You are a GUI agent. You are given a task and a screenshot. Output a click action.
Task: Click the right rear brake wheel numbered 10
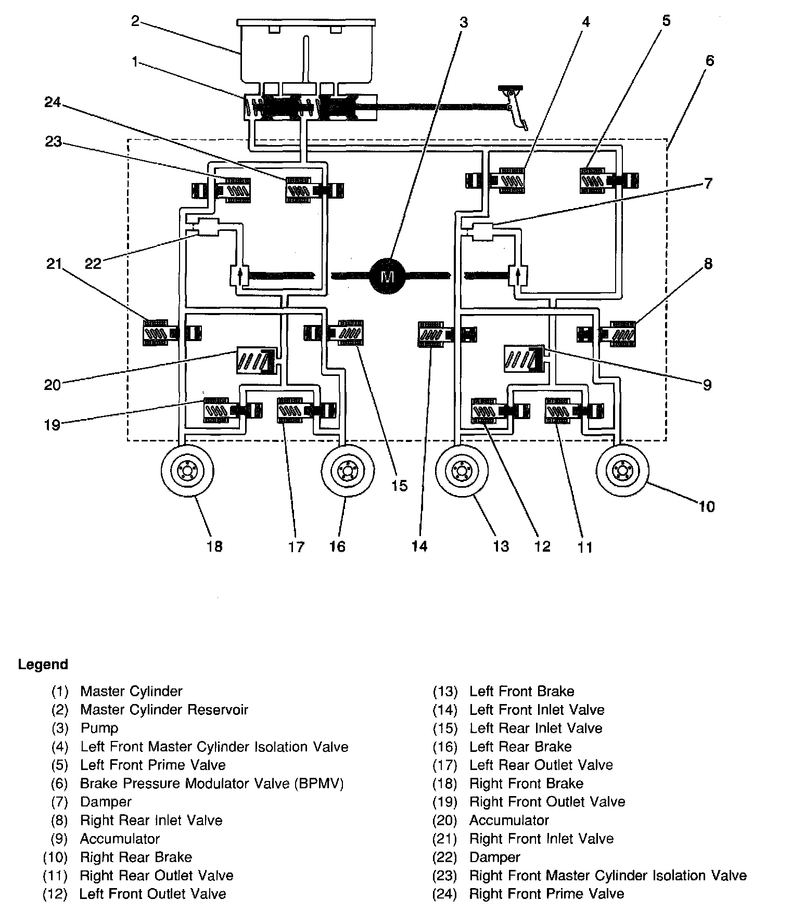pos(622,472)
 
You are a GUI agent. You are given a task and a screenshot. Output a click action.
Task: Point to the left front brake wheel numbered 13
pos(462,472)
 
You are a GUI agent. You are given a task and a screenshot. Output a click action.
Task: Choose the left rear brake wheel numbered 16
pos(348,472)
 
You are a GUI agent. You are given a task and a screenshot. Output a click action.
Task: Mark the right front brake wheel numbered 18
pos(187,472)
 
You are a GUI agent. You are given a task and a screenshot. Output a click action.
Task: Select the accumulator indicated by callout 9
pos(524,359)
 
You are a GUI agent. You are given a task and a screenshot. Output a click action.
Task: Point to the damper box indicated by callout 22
pos(208,228)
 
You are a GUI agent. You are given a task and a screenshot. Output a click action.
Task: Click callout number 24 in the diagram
pos(53,103)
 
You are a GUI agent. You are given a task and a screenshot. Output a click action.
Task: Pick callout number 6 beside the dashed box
pos(710,61)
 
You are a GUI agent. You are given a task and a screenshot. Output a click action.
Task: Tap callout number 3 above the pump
pos(463,22)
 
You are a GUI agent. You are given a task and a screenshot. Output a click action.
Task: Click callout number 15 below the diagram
pos(399,486)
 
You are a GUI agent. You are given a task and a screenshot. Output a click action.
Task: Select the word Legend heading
pos(43,665)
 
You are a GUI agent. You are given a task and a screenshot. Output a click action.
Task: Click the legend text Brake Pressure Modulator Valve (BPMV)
pos(212,783)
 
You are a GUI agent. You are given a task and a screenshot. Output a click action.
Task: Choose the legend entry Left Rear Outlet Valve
pos(541,765)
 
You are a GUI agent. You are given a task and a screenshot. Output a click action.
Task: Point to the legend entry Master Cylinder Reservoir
pos(164,710)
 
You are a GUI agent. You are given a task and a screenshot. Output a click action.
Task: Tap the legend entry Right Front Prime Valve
pos(546,894)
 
